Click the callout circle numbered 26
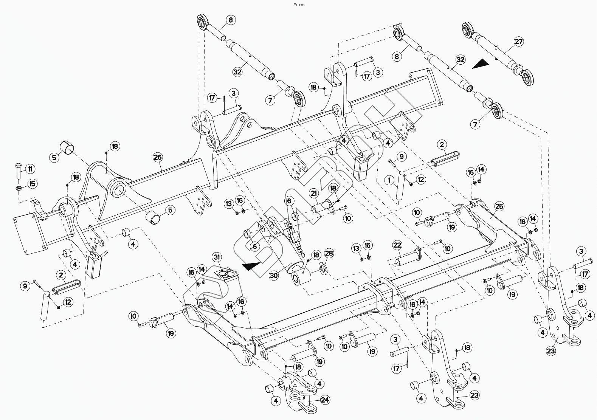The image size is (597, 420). click(158, 157)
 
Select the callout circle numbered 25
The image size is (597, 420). click(499, 206)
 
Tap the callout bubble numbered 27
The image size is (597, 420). click(519, 42)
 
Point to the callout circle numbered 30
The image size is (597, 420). click(274, 276)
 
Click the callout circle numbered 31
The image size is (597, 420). click(217, 257)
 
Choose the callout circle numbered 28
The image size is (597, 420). click(329, 253)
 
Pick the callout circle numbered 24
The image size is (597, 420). click(325, 400)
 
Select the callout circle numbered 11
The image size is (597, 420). click(30, 169)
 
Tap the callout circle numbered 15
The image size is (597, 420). click(32, 184)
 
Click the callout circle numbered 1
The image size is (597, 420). click(389, 180)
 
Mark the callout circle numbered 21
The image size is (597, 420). click(314, 194)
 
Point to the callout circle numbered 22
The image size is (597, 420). click(397, 245)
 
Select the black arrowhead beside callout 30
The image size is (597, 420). click(251, 266)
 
